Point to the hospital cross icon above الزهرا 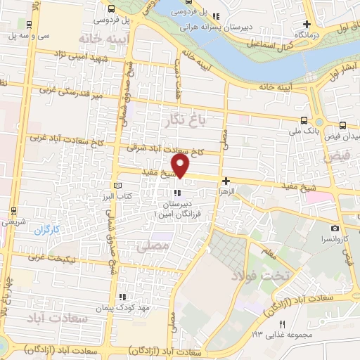[225, 181]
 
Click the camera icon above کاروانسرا [335, 229]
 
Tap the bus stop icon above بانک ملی [303, 120]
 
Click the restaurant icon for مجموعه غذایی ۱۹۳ [282, 323]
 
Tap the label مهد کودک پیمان [145, 308]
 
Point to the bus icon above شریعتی [15, 211]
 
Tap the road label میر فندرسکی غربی [72, 91]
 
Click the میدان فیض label [345, 135]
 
